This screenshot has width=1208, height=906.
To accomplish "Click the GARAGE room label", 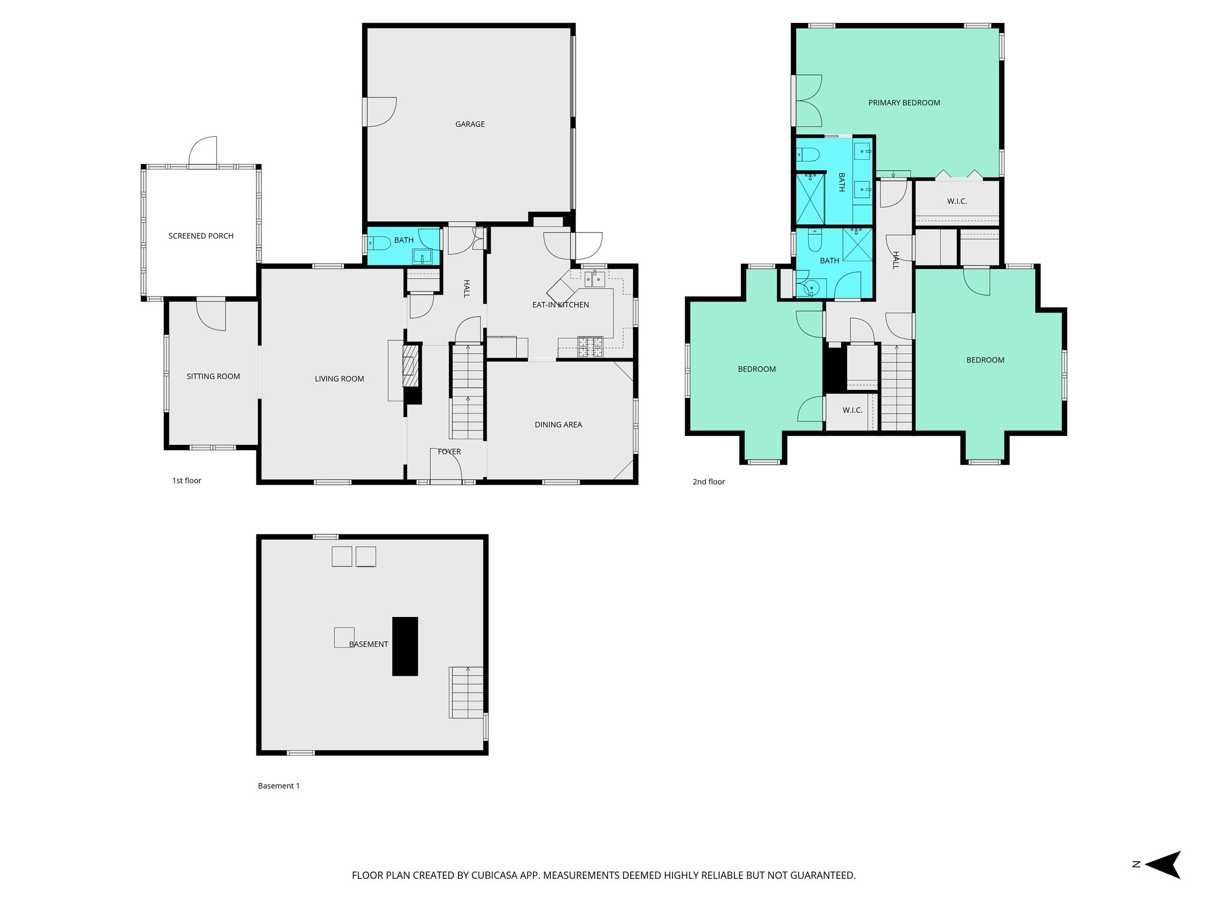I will click(470, 124).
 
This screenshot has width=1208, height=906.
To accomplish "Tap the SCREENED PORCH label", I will click(201, 236).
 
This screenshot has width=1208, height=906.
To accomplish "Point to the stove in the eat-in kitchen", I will click(590, 346).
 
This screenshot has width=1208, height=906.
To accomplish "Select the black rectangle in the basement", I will click(405, 646).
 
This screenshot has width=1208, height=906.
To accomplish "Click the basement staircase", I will click(467, 692).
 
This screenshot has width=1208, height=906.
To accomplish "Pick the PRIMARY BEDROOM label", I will click(904, 103).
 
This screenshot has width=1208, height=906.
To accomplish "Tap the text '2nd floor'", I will click(708, 482).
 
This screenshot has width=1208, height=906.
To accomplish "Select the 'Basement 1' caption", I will click(278, 786).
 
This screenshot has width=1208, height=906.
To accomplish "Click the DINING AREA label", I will click(558, 425).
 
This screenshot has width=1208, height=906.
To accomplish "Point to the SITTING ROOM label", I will click(213, 376).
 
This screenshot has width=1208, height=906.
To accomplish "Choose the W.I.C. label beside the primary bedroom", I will click(957, 202).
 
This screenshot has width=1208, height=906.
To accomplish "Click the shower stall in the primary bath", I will click(810, 199).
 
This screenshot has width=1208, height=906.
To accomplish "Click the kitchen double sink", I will click(595, 278).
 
